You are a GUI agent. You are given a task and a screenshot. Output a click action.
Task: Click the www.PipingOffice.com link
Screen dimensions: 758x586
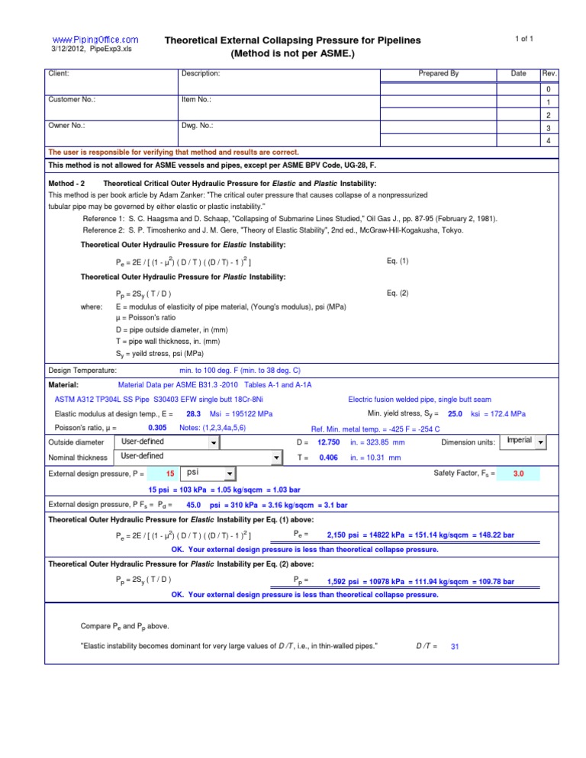point(95,39)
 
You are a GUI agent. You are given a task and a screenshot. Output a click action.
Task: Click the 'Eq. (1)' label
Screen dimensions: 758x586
point(398,262)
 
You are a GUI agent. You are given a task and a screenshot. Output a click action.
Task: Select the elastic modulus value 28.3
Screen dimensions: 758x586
point(193,413)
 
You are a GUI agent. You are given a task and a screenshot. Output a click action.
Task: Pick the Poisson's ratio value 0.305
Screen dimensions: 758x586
point(158,428)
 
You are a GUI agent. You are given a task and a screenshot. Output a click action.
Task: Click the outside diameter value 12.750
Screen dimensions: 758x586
point(328,442)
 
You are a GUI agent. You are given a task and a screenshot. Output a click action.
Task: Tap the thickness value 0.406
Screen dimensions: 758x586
point(329,458)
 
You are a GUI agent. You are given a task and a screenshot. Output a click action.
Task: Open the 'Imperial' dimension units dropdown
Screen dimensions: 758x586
point(526,442)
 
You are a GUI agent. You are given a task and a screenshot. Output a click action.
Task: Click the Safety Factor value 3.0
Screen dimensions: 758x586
point(518,474)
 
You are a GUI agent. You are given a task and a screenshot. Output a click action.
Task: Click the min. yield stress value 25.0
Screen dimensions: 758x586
point(455,413)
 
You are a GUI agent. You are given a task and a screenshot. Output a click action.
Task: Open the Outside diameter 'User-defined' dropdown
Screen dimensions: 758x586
point(167,442)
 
